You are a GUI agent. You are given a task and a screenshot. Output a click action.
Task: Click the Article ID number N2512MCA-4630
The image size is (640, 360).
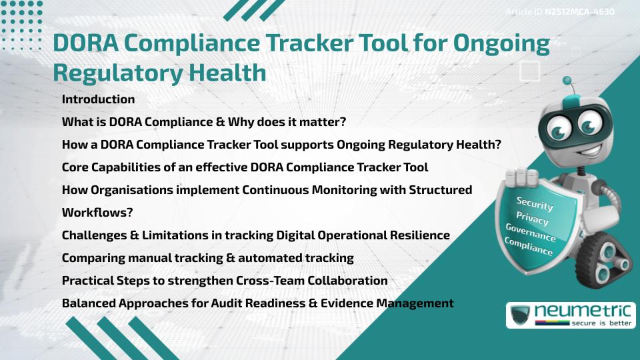click(x=579, y=12)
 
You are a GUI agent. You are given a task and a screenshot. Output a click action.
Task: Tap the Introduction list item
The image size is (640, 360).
click(x=98, y=99)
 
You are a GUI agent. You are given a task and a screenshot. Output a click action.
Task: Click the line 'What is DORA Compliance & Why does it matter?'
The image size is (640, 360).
click(x=203, y=123)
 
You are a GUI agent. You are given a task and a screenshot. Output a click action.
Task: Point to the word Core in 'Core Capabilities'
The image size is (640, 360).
click(x=75, y=167)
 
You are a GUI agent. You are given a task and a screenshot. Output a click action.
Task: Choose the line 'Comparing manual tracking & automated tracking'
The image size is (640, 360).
click(x=207, y=257)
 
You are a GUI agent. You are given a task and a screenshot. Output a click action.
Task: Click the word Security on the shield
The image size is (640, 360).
click(x=535, y=204)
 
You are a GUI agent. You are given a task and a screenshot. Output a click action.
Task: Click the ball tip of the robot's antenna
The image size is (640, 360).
click(x=567, y=81)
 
